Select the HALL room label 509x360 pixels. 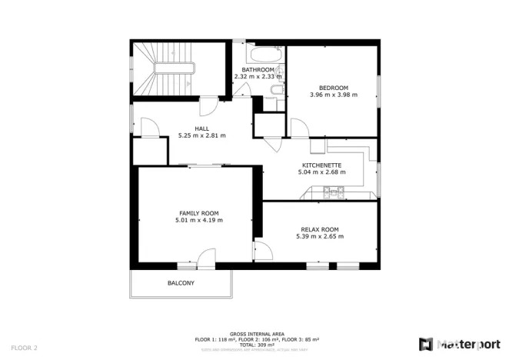pyautogui.click(x=201, y=128)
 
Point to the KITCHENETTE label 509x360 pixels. pyautogui.click(x=321, y=165)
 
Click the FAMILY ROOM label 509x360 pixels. pyautogui.click(x=199, y=213)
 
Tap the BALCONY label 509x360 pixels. pyautogui.click(x=181, y=284)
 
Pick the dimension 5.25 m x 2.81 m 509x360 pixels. pyautogui.click(x=201, y=135)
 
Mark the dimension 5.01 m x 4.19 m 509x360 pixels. pyautogui.click(x=199, y=221)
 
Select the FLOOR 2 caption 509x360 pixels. pyautogui.click(x=24, y=347)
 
